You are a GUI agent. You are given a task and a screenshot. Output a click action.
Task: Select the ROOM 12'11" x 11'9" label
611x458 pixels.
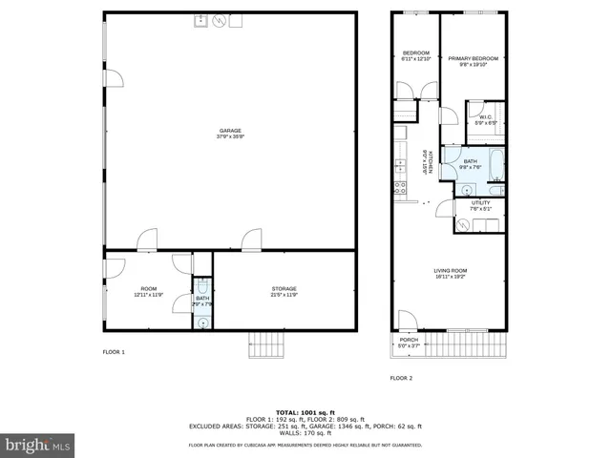[x=148, y=291]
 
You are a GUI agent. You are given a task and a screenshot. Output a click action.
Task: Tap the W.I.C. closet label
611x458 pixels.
[x=485, y=120]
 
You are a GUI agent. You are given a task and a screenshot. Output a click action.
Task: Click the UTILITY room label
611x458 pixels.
[x=479, y=205]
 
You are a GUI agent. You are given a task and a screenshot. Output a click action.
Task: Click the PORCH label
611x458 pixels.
[x=409, y=343]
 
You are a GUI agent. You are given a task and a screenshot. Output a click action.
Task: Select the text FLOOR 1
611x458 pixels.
[x=114, y=353]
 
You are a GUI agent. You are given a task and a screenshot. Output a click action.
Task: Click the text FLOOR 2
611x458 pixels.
[x=401, y=379]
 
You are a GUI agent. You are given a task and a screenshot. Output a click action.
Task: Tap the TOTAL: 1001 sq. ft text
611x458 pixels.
[x=305, y=411]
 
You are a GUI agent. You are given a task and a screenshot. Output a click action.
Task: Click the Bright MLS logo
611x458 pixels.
[x=36, y=445]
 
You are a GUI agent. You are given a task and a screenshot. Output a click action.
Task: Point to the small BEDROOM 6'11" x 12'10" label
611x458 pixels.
[x=416, y=55]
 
